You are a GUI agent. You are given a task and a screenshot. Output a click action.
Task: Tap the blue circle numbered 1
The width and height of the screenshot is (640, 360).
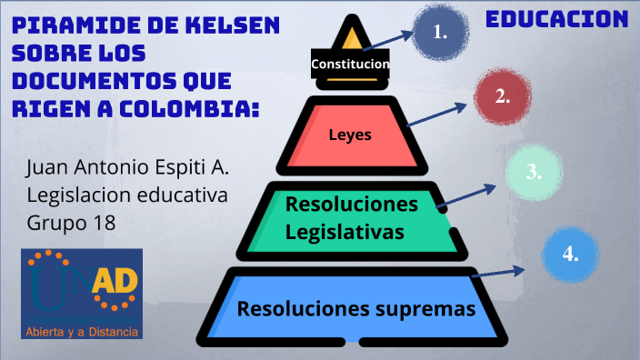[441, 32]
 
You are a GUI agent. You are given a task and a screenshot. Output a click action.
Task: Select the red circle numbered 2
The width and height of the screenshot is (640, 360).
[502, 96]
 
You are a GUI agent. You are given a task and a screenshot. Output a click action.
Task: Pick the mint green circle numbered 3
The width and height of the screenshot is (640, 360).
[534, 171]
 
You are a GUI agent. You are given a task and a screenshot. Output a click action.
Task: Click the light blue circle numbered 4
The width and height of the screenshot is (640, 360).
[571, 254]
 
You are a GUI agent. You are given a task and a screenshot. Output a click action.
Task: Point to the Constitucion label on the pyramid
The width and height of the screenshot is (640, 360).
[350, 65]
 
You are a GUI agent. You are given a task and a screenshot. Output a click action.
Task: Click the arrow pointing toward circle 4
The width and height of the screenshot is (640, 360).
[499, 271]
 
